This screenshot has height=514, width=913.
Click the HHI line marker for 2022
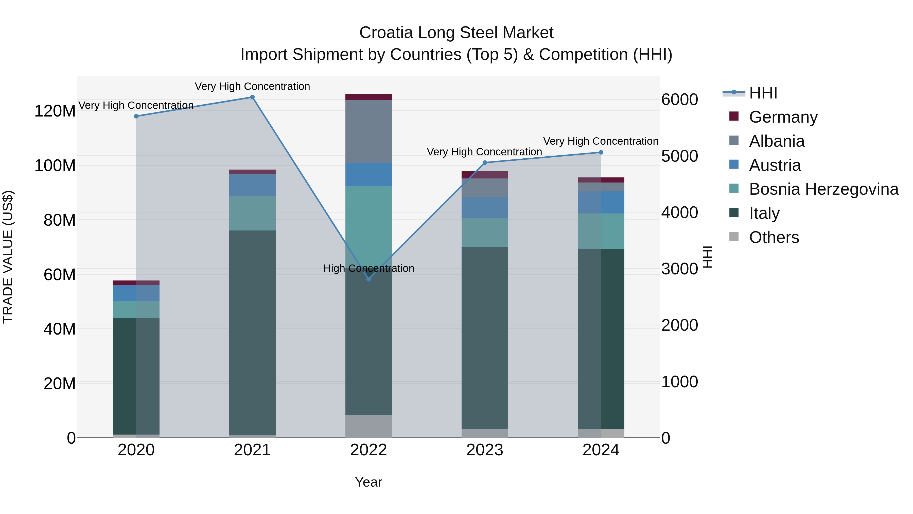tap(368, 279)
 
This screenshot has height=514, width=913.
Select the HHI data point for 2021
tap(252, 97)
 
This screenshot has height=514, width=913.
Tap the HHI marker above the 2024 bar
tap(601, 153)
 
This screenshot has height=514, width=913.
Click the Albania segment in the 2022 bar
tap(368, 131)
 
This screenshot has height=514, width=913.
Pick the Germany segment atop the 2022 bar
tap(368, 97)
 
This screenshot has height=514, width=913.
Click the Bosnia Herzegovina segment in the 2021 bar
tap(252, 213)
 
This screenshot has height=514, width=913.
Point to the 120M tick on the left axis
tap(55, 111)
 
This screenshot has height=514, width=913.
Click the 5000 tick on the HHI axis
tap(679, 156)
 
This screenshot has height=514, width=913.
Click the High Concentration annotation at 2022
tap(368, 268)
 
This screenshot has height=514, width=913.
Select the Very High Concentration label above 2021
tap(252, 86)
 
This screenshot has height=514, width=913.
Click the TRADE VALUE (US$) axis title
tap(8, 257)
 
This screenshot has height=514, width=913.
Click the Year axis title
tap(368, 482)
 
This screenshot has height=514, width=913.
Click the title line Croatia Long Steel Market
tap(456, 33)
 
